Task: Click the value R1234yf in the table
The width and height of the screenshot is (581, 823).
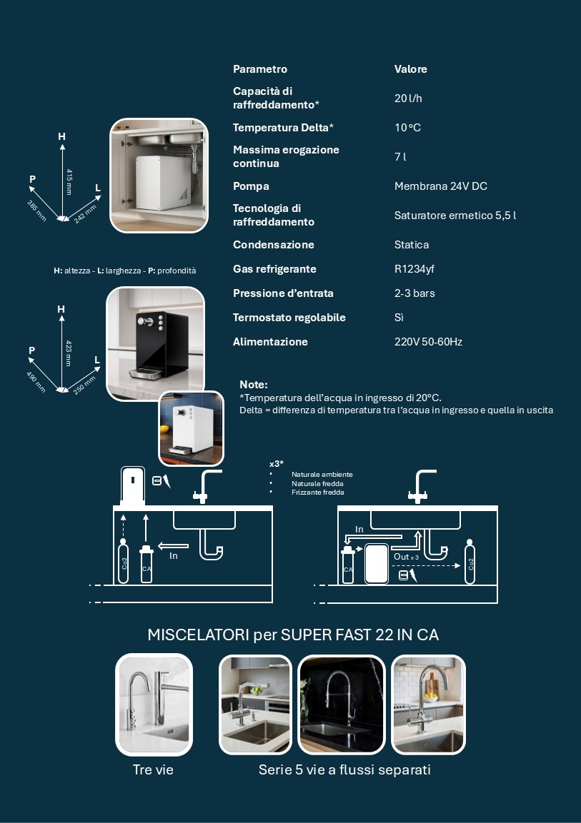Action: point(414,269)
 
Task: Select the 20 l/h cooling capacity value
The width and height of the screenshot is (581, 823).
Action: point(408,99)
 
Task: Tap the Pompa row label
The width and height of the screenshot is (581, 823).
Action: point(251,186)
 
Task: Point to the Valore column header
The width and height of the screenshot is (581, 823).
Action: point(411,69)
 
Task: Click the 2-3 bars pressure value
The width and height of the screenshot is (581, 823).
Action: point(414,293)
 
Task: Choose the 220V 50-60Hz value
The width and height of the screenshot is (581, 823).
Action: point(428,342)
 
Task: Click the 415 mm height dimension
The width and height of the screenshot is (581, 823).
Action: point(69,181)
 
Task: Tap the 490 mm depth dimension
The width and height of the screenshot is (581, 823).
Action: point(36,382)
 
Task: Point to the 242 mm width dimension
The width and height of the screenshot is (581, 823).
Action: point(85,213)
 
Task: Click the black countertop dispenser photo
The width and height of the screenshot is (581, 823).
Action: point(156,343)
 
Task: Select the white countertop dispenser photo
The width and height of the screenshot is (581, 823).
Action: point(192,428)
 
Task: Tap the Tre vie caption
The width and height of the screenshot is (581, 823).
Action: point(153,769)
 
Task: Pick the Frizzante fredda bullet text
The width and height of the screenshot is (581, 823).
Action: point(318,493)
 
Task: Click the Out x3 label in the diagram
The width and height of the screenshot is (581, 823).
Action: point(407,556)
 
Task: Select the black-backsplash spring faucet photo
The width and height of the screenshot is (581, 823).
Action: point(342,705)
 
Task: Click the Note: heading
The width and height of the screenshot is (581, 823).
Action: point(253,384)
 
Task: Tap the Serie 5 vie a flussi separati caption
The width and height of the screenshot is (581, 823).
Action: point(344,769)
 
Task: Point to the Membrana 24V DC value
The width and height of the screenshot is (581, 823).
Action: point(441,186)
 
